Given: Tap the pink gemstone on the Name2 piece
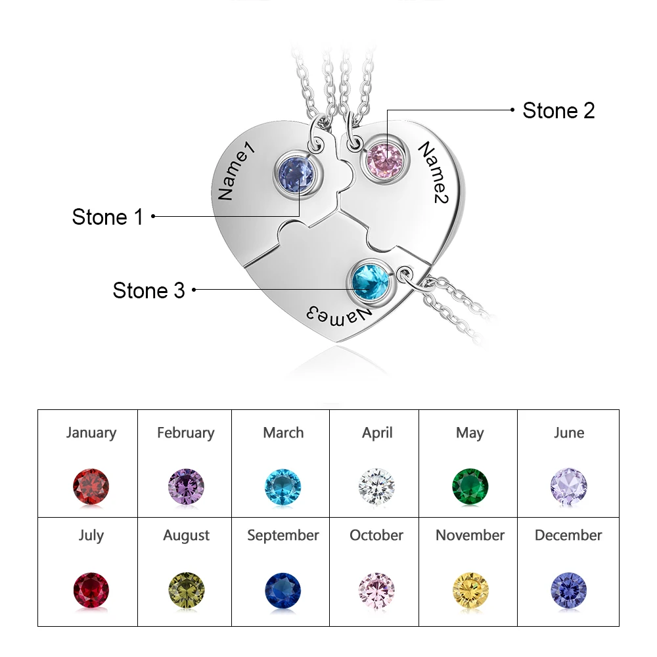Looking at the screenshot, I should pyautogui.click(x=384, y=158).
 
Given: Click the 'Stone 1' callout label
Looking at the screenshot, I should pyautogui.click(x=107, y=217).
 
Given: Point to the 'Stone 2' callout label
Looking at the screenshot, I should pyautogui.click(x=558, y=110).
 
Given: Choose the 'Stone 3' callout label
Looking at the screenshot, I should pyautogui.click(x=148, y=290).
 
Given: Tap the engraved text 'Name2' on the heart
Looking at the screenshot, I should pyautogui.click(x=434, y=173).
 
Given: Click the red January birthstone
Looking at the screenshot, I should pyautogui.click(x=91, y=486).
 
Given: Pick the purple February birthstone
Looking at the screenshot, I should pyautogui.click(x=187, y=486).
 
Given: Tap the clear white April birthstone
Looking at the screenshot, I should pyautogui.click(x=377, y=486).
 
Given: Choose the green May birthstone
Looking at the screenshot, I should pyautogui.click(x=470, y=486).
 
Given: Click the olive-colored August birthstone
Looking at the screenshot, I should pyautogui.click(x=187, y=590).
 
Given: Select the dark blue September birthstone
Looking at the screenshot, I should pyautogui.click(x=283, y=590).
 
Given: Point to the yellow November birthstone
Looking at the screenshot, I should pyautogui.click(x=470, y=590).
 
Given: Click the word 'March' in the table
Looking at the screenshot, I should pyautogui.click(x=283, y=432).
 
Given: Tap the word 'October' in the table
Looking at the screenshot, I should pyautogui.click(x=377, y=535).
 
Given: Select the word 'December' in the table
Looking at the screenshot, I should pyautogui.click(x=568, y=535).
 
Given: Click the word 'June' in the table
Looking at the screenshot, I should pyautogui.click(x=568, y=432).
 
